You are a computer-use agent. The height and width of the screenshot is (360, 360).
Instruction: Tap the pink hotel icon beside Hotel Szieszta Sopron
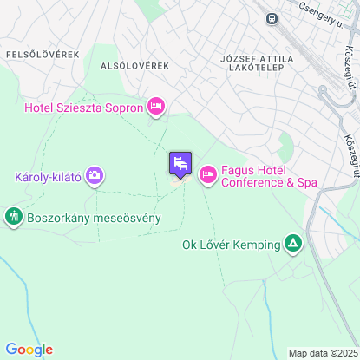click(x=156, y=106)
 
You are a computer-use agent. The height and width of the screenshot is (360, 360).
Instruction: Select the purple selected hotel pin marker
click(x=180, y=163)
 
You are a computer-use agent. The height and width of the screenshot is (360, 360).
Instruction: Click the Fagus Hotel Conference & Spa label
click(x=269, y=176)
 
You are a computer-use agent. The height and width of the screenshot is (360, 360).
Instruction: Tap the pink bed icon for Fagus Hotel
click(x=207, y=175)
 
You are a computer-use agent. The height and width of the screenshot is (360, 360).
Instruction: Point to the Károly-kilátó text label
click(x=49, y=177)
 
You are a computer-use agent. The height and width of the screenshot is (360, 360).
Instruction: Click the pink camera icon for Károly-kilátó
click(x=95, y=176)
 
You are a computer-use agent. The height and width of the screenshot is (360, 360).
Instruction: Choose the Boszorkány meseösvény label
click(x=94, y=217)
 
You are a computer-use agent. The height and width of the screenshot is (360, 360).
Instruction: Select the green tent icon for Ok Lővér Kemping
click(x=293, y=244)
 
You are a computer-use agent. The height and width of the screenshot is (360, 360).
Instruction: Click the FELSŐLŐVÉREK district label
click(x=43, y=54)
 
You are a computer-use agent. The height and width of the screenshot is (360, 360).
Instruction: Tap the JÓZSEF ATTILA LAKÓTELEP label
click(x=257, y=64)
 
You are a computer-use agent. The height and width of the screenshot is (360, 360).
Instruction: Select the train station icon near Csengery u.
click(x=272, y=16)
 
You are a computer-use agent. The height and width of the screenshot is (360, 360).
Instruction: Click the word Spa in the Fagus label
click(x=306, y=183)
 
